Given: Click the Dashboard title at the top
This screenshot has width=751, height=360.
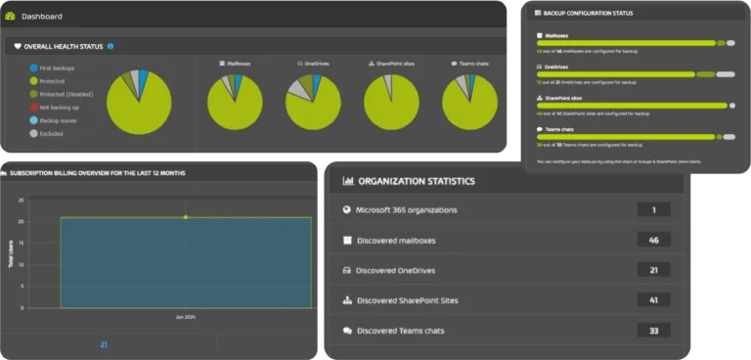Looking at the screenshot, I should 41,16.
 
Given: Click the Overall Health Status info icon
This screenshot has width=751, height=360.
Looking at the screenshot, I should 110,46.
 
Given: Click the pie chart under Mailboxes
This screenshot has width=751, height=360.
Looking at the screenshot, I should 235,103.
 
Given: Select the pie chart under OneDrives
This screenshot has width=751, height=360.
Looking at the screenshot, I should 313,103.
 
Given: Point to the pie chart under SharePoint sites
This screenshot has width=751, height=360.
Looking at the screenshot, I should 391,103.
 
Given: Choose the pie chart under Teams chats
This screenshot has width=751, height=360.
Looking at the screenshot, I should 469,103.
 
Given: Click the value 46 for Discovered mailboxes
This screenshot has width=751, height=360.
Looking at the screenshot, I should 652,240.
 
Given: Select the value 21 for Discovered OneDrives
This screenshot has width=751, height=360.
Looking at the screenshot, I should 652,270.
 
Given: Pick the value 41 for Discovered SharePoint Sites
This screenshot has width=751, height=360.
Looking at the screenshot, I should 652,300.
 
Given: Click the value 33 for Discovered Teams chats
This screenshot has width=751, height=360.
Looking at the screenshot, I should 652,331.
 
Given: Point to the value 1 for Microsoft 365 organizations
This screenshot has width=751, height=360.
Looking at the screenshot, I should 652,209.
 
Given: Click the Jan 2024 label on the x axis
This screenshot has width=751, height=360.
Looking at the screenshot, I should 186,317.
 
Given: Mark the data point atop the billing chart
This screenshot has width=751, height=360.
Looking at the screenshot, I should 186,217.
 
